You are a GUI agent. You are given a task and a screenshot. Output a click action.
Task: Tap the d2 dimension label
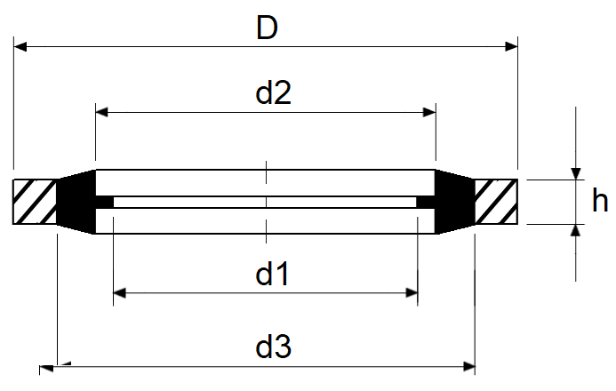(x=274, y=93)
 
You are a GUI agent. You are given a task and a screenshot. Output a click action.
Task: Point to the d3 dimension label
(x=274, y=347)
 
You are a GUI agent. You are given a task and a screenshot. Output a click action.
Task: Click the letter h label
(x=600, y=203)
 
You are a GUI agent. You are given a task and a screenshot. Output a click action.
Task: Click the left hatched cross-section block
(x=36, y=202)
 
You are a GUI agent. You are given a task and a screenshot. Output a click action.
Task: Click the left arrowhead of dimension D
(x=20, y=44)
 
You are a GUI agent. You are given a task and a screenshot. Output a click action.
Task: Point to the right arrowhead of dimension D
(x=511, y=44)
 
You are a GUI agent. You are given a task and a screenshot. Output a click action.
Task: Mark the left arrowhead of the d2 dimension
(x=101, y=112)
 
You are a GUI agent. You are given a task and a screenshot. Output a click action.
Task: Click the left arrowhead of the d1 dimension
(x=120, y=292)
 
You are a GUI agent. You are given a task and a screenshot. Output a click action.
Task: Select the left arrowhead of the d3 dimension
(x=62, y=363)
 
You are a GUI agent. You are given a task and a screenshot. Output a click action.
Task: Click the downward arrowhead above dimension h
(x=575, y=173)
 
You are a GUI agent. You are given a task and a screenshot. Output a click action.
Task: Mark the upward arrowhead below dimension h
(x=575, y=230)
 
